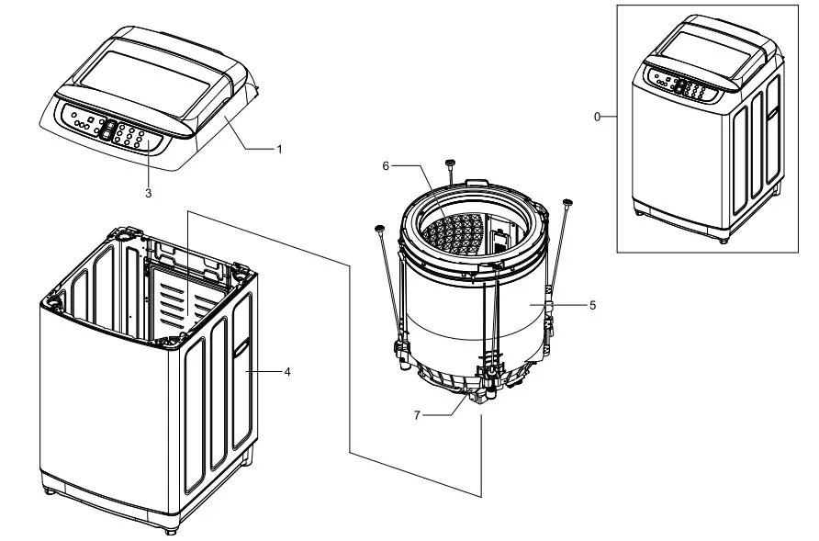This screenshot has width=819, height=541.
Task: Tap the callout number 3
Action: pyautogui.click(x=148, y=194)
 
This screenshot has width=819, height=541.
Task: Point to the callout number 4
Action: pyautogui.click(x=287, y=372)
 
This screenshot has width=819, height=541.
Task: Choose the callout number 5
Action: pyautogui.click(x=592, y=305)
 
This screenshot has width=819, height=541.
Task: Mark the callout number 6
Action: pyautogui.click(x=387, y=165)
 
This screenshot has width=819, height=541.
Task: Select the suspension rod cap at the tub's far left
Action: pyautogui.click(x=378, y=227)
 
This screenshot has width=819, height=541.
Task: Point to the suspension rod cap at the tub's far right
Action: pyautogui.click(x=567, y=201)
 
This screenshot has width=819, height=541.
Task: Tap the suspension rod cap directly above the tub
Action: pyautogui.click(x=450, y=163)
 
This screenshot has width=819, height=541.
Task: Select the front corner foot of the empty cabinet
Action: pyautogui.click(x=172, y=530)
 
